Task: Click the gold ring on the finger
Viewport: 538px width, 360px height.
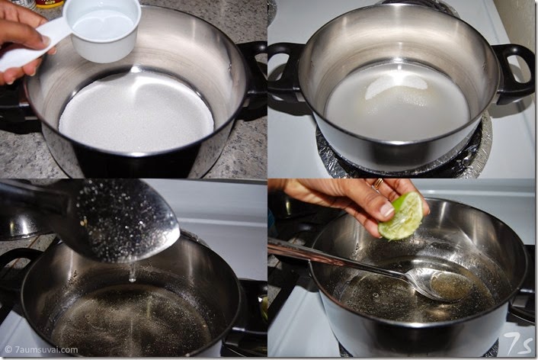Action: pyautogui.click(x=379, y=184)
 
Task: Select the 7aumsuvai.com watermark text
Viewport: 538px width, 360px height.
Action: pyautogui.click(x=42, y=350)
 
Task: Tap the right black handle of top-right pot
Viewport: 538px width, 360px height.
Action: pyautogui.click(x=513, y=73)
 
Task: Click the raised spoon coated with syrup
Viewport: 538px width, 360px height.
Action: pyautogui.click(x=93, y=220)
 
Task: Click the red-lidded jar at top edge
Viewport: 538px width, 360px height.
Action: pyautogui.click(x=50, y=4)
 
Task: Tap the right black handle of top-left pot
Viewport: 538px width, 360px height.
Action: pyautogui.click(x=251, y=74)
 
